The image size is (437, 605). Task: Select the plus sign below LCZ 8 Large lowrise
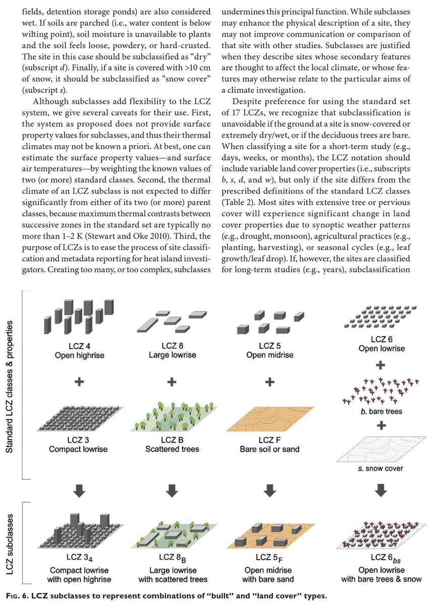click(x=172, y=382)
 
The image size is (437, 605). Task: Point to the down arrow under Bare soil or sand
click(x=270, y=490)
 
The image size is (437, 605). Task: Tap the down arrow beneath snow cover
click(x=381, y=490)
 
